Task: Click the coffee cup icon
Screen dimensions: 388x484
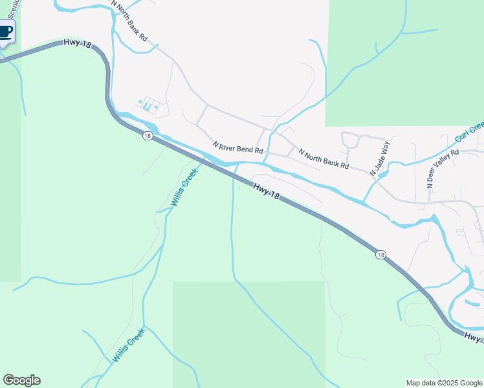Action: click(x=5, y=31)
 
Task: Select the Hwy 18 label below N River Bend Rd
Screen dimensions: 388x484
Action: click(x=266, y=191)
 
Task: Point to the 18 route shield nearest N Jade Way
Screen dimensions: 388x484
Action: click(x=380, y=255)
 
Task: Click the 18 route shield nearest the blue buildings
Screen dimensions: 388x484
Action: click(x=148, y=136)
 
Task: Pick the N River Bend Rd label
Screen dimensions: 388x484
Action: click(x=238, y=148)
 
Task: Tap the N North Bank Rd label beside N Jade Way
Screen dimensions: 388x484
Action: click(x=324, y=158)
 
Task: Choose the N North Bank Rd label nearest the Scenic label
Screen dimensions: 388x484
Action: click(x=129, y=21)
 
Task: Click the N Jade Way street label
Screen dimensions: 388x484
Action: click(x=380, y=159)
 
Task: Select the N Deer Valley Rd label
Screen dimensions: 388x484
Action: click(x=443, y=169)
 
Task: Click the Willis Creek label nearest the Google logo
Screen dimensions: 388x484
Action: click(x=127, y=345)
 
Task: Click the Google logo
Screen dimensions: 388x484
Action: click(x=21, y=380)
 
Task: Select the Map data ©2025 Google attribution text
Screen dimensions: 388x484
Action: click(x=445, y=383)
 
